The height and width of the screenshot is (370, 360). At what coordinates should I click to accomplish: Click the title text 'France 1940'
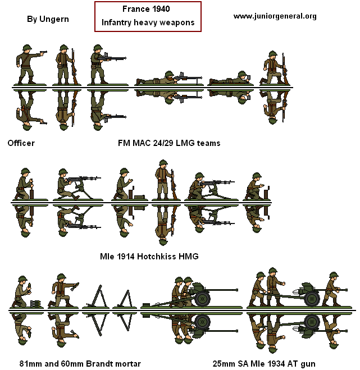pos(148,10)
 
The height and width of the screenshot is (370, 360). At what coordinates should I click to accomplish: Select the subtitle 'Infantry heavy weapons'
pos(148,23)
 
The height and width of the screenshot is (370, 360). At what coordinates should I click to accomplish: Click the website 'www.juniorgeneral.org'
pos(275,16)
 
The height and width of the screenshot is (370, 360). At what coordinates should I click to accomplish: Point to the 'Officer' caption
pos(21,143)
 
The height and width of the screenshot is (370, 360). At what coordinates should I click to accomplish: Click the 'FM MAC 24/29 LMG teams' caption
pos(169,143)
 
